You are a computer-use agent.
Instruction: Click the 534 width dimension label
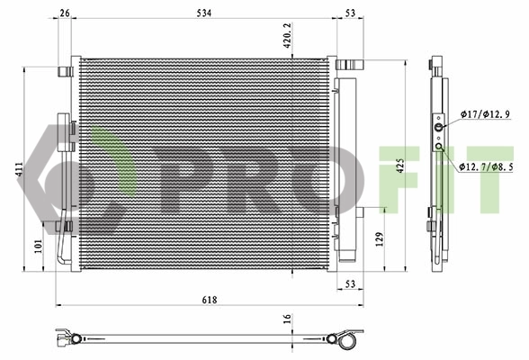(204, 13)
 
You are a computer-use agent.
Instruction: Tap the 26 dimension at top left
(65, 13)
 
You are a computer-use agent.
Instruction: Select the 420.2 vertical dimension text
(287, 35)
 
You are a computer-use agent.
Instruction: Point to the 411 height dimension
(19, 169)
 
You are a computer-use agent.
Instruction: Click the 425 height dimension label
(400, 166)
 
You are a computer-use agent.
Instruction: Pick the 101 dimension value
(38, 246)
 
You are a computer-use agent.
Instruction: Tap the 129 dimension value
(380, 239)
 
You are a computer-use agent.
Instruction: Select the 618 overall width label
(210, 300)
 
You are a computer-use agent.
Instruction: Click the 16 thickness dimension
(287, 319)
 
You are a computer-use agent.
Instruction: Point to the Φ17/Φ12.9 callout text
(486, 114)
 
